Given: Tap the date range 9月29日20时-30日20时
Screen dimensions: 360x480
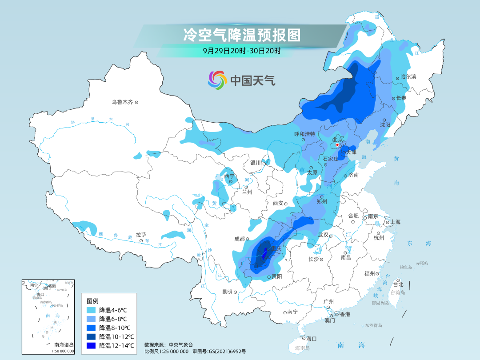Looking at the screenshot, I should point(242,51).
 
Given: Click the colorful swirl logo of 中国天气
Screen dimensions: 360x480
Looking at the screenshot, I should point(217,80).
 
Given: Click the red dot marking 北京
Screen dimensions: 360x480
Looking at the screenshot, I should point(337,145).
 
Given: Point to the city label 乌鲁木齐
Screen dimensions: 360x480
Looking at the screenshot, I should point(122,102).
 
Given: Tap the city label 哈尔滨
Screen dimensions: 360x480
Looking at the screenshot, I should point(408,76).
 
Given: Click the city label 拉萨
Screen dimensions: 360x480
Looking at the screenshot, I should point(141,235).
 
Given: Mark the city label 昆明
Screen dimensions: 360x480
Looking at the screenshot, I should point(227,292).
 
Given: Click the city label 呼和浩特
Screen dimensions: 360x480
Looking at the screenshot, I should point(304,134).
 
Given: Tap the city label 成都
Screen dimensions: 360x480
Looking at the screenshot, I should point(239,239).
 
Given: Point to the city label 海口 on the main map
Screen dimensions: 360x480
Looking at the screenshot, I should point(311,339).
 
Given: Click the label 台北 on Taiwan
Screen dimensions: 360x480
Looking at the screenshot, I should point(398,284).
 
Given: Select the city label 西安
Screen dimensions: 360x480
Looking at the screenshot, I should point(278,203).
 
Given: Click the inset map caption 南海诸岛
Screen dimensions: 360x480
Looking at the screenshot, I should point(64,344).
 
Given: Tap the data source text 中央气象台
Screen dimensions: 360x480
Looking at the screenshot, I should point(181,344).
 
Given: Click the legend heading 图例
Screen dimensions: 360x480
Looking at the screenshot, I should point(93,300).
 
